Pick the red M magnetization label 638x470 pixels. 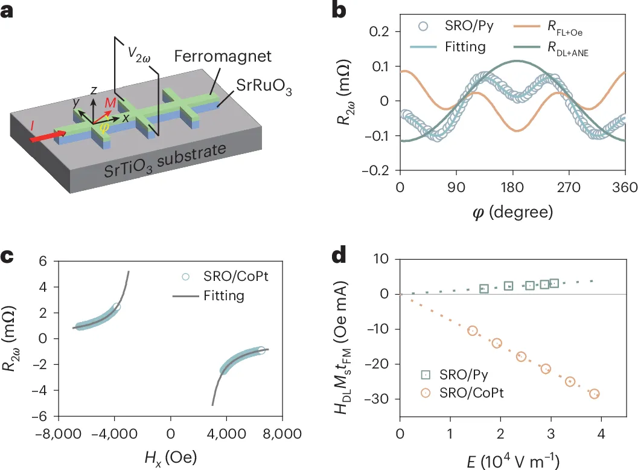pyautogui.click(x=110, y=103)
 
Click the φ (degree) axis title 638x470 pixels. pyautogui.click(x=512, y=212)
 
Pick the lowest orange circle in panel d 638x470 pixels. pyautogui.click(x=595, y=394)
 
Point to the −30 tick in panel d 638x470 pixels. pyautogui.click(x=380, y=399)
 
